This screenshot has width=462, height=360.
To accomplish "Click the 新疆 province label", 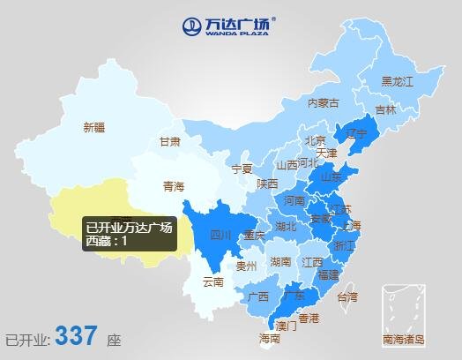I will tap(93, 127).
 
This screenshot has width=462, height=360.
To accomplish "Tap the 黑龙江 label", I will tap(397, 81).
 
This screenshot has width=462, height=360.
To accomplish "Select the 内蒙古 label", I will tap(323, 103).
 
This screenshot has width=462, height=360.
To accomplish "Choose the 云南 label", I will tap(213, 282).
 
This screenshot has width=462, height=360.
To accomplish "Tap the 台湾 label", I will tap(348, 296).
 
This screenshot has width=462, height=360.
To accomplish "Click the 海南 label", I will tap(270, 338).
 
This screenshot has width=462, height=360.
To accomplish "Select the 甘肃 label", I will tap(170, 141).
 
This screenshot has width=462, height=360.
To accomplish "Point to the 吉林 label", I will tap(386, 110).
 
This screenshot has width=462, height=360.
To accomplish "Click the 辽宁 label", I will tap(355, 134).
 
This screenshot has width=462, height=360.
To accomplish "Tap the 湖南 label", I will tap(281, 262).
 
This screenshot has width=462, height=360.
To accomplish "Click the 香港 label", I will tap(309, 317).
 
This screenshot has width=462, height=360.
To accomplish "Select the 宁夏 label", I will tap(242, 168).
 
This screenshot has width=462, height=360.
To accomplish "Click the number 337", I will tap(77, 336).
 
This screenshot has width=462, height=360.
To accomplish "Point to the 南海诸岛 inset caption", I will tap(404, 339).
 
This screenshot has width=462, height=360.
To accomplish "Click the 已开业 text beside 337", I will tap(26, 339).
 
